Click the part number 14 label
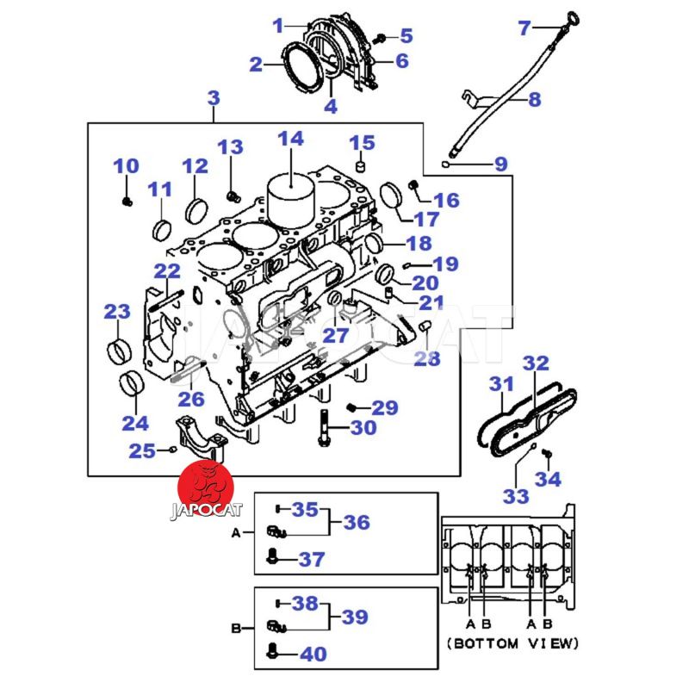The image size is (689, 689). tap(291, 139)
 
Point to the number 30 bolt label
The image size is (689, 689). tap(363, 427)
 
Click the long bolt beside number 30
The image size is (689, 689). tap(322, 429)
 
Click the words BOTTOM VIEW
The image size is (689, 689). tap(514, 643)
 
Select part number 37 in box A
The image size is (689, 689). tap(311, 560)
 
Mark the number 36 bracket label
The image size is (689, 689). tap(356, 522)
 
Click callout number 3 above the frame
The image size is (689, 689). tap(214, 99)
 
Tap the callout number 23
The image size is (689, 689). tap(116, 312)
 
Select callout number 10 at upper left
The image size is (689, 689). tap(126, 165)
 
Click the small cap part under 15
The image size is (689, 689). tap(362, 165)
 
